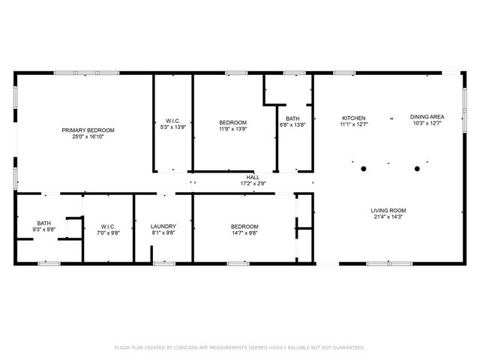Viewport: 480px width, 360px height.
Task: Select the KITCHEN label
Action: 353,118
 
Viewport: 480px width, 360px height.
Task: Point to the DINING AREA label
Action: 427,117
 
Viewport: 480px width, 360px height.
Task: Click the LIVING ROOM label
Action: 388,210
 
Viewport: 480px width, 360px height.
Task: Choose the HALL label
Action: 253,177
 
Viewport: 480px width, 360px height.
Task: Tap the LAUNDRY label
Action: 163,226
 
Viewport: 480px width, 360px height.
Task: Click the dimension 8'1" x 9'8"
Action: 163,233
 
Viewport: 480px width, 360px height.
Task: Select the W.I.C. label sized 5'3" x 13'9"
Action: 173,122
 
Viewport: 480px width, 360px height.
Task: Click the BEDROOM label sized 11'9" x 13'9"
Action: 232,122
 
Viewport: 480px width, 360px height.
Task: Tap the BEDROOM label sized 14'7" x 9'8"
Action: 244,226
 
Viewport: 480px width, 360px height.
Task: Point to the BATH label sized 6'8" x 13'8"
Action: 292,118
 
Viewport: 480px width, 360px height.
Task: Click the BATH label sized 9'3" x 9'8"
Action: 44,223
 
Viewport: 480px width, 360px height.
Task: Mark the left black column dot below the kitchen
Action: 361,168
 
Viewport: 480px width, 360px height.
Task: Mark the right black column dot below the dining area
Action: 417,168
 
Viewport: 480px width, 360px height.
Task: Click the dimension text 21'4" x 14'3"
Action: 388,217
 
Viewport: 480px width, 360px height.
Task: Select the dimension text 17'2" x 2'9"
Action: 253,184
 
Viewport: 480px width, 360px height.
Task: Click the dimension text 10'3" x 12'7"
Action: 427,124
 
